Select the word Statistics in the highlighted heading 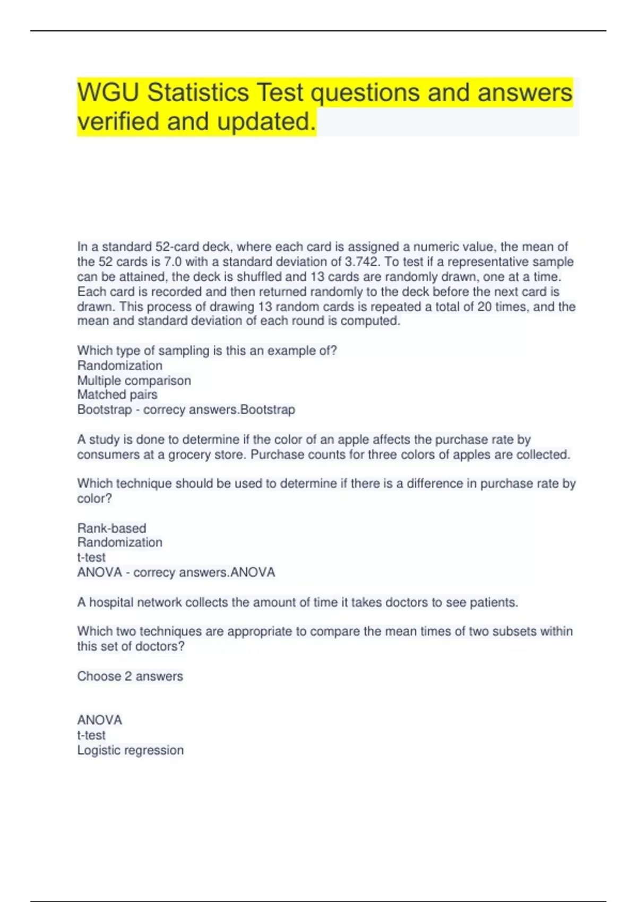click(198, 93)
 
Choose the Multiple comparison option click(134, 380)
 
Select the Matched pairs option click(117, 395)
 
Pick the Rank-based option click(111, 528)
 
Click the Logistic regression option click(130, 750)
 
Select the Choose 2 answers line click(130, 676)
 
